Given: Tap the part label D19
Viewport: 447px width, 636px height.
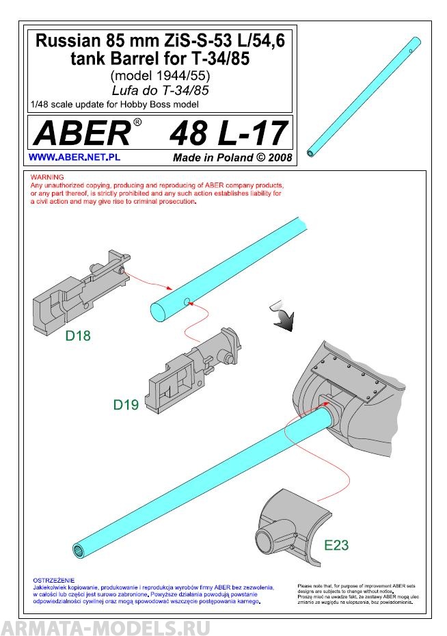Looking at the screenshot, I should click(x=126, y=405).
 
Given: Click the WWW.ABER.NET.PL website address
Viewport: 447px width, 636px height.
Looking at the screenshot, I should click(x=66, y=157).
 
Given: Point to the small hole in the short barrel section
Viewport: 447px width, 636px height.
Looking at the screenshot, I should click(x=186, y=302).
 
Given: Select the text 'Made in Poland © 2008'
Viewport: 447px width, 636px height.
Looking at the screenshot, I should click(x=232, y=157).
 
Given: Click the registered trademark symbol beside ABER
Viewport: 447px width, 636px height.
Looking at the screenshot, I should click(x=137, y=122).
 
